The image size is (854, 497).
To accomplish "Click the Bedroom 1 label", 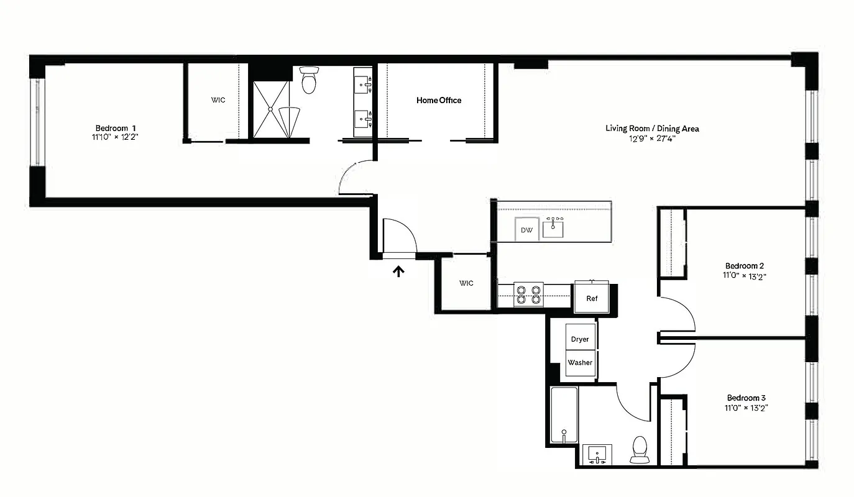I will (116, 127).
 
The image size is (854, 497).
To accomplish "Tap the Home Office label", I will (439, 100).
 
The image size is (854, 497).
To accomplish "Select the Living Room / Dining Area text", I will (652, 129).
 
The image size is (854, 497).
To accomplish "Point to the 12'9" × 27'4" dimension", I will (652, 139).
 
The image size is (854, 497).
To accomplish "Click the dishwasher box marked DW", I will (527, 230).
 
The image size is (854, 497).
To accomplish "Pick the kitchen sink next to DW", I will (553, 228).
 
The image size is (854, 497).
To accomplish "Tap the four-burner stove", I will (528, 294).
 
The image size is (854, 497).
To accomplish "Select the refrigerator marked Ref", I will (592, 298).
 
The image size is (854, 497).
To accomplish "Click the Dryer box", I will (580, 339).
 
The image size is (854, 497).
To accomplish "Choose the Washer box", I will (580, 363).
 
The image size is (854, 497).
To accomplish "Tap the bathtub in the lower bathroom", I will (564, 414).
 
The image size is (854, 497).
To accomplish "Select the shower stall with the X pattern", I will (271, 109).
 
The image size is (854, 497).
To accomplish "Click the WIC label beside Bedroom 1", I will (218, 100).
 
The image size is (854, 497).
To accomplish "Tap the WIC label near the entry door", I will (466, 283).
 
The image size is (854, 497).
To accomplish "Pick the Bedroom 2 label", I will (743, 266).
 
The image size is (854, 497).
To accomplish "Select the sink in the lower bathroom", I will (597, 453).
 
